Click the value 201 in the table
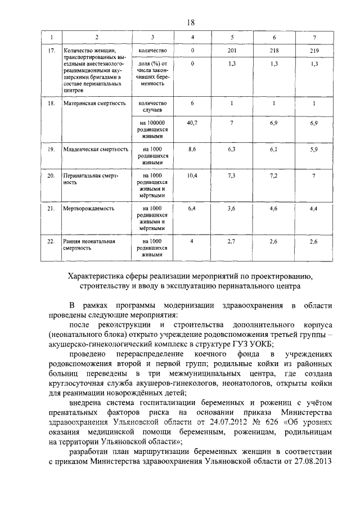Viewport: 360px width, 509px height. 231,51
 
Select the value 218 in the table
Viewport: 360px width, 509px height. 274,51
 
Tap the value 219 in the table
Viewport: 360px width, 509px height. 314,51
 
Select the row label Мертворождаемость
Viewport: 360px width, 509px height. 89,208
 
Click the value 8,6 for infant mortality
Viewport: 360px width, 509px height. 192,149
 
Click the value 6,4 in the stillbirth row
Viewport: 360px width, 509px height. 192,208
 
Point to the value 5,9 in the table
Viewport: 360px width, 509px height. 314,149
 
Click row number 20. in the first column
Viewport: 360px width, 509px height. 51,176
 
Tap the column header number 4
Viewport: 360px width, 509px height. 192,37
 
